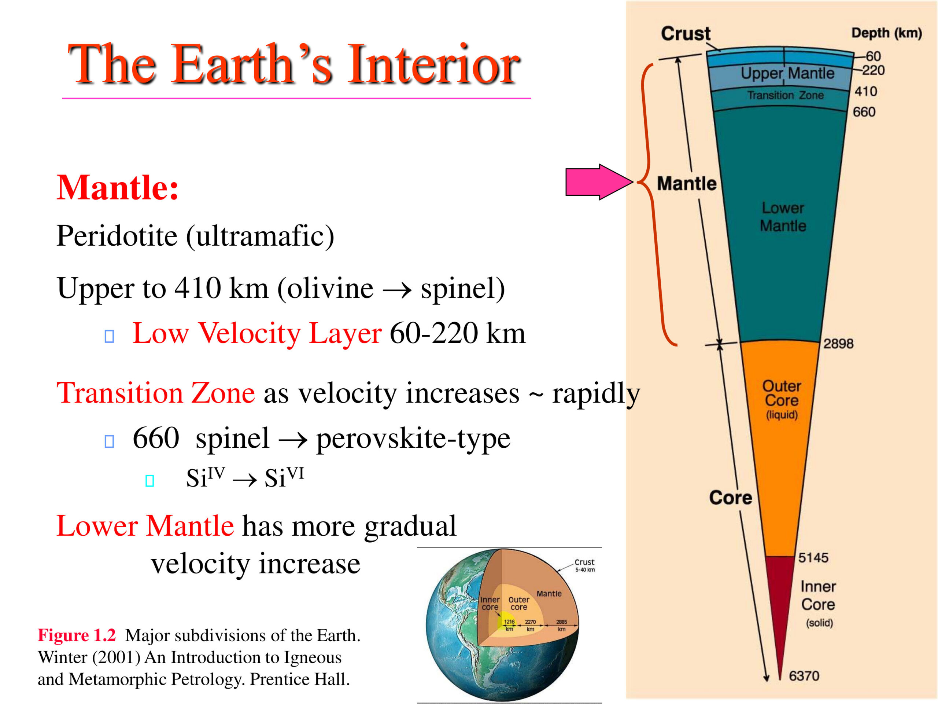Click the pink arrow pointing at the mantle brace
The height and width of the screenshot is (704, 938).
[x=599, y=181]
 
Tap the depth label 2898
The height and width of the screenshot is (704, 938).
[x=838, y=343]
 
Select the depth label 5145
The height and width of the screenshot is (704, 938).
[x=813, y=557]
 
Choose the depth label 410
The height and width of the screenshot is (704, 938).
[x=865, y=91]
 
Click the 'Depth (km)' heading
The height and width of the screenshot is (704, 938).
[x=887, y=33]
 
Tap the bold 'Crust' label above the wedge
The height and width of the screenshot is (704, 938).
[x=686, y=33]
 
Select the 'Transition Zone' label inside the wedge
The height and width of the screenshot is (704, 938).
[x=785, y=95]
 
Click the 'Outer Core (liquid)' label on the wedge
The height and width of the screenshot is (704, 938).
[x=782, y=399]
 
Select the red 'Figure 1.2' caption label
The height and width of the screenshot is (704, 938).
[x=77, y=635]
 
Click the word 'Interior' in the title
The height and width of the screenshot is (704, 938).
[x=433, y=65]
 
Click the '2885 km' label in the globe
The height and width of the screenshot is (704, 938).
[x=561, y=625]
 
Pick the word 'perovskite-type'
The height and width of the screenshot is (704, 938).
[x=413, y=439]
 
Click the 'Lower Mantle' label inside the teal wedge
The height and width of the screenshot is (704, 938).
[x=783, y=216]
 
